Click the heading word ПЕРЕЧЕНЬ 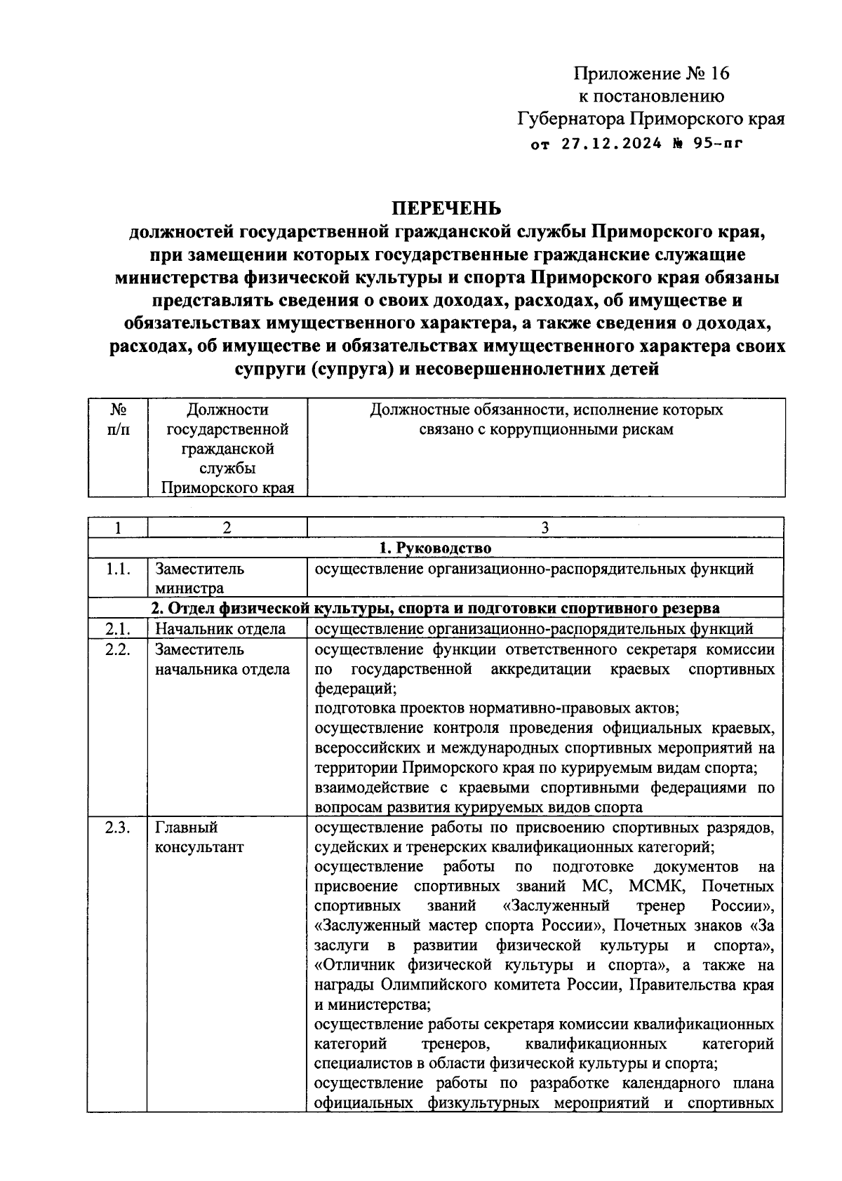446,208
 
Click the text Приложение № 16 653,74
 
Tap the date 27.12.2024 611,144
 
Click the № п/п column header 118,419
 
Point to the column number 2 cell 226,528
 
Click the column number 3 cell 545,528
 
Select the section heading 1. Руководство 435,548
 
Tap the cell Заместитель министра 200,578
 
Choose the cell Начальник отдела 220,628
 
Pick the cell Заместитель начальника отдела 222,659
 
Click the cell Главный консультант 199,837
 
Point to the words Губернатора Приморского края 651,119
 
